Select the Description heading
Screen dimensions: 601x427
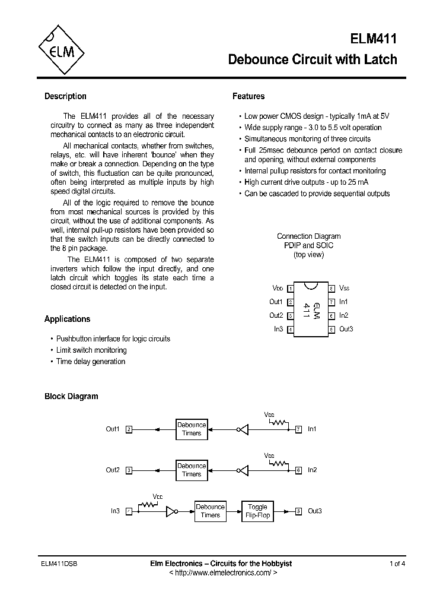pyautogui.click(x=65, y=96)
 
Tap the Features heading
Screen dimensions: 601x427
pyautogui.click(x=248, y=96)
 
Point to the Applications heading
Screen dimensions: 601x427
pyautogui.click(x=67, y=319)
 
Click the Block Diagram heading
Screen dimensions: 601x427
pyautogui.click(x=71, y=396)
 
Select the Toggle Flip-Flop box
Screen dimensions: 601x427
pyautogui.click(x=257, y=511)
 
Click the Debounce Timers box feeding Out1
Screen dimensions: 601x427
pyautogui.click(x=192, y=429)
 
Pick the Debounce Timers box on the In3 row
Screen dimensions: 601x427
pyautogui.click(x=210, y=511)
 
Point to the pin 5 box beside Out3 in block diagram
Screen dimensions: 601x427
pyautogui.click(x=298, y=511)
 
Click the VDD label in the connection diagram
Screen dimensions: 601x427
pyautogui.click(x=278, y=288)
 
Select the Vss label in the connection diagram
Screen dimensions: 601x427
pyautogui.click(x=345, y=288)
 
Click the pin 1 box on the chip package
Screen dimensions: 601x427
pyautogui.click(x=291, y=289)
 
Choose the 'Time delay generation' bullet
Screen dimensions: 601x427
pyautogui.click(x=91, y=362)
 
